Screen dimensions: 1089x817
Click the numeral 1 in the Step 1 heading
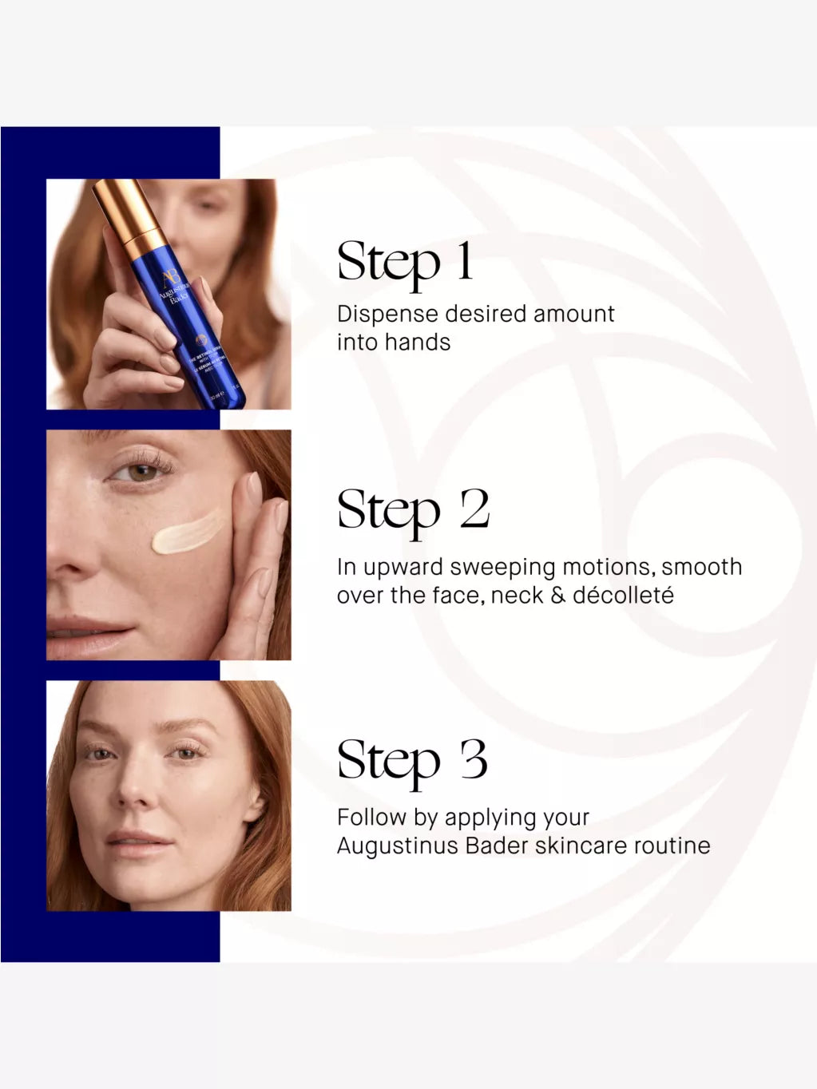click(x=464, y=261)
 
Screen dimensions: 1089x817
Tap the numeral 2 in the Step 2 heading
click(x=474, y=509)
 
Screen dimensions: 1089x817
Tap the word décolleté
click(x=623, y=595)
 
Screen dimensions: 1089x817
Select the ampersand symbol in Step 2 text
click(x=558, y=596)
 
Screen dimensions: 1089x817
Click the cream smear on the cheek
click(x=188, y=532)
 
